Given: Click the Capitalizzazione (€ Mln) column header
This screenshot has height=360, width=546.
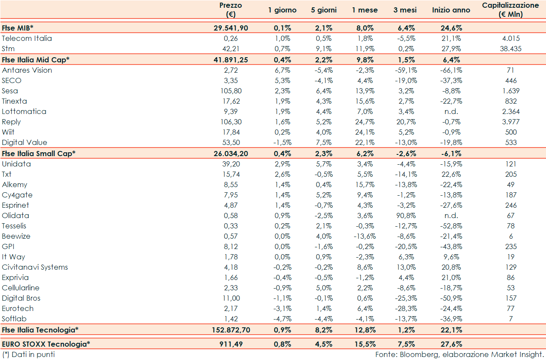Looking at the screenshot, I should pyautogui.click(x=510, y=10).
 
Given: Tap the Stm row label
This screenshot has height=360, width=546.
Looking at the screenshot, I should pyautogui.click(x=8, y=49).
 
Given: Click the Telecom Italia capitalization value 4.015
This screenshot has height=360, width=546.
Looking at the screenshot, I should pyautogui.click(x=510, y=38).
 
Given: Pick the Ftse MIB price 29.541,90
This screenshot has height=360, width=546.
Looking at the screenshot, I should pyautogui.click(x=230, y=28).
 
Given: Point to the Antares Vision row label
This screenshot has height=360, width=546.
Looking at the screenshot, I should pyautogui.click(x=27, y=70).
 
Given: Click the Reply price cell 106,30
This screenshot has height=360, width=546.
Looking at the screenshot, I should pyautogui.click(x=230, y=122).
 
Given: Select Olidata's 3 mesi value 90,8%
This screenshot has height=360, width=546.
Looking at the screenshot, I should pyautogui.click(x=404, y=215).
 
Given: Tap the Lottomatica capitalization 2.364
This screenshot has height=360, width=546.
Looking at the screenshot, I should pyautogui.click(x=510, y=111).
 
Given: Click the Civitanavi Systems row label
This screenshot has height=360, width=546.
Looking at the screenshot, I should pyautogui.click(x=35, y=267).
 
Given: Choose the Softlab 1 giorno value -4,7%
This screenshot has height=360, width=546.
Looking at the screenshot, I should pyautogui.click(x=282, y=319).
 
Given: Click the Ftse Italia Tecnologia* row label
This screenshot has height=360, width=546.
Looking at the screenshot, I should pyautogui.click(x=40, y=330).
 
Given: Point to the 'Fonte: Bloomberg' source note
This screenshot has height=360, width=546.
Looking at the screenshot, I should pyautogui.click(x=459, y=354).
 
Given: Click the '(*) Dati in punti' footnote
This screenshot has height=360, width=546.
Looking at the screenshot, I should pyautogui.click(x=28, y=354).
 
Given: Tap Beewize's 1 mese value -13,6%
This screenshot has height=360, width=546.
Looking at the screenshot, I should pyautogui.click(x=365, y=236).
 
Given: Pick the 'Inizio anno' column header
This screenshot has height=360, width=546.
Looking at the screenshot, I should pyautogui.click(x=451, y=10).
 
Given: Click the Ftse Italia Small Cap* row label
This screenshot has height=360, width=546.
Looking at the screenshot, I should pyautogui.click(x=39, y=154).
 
